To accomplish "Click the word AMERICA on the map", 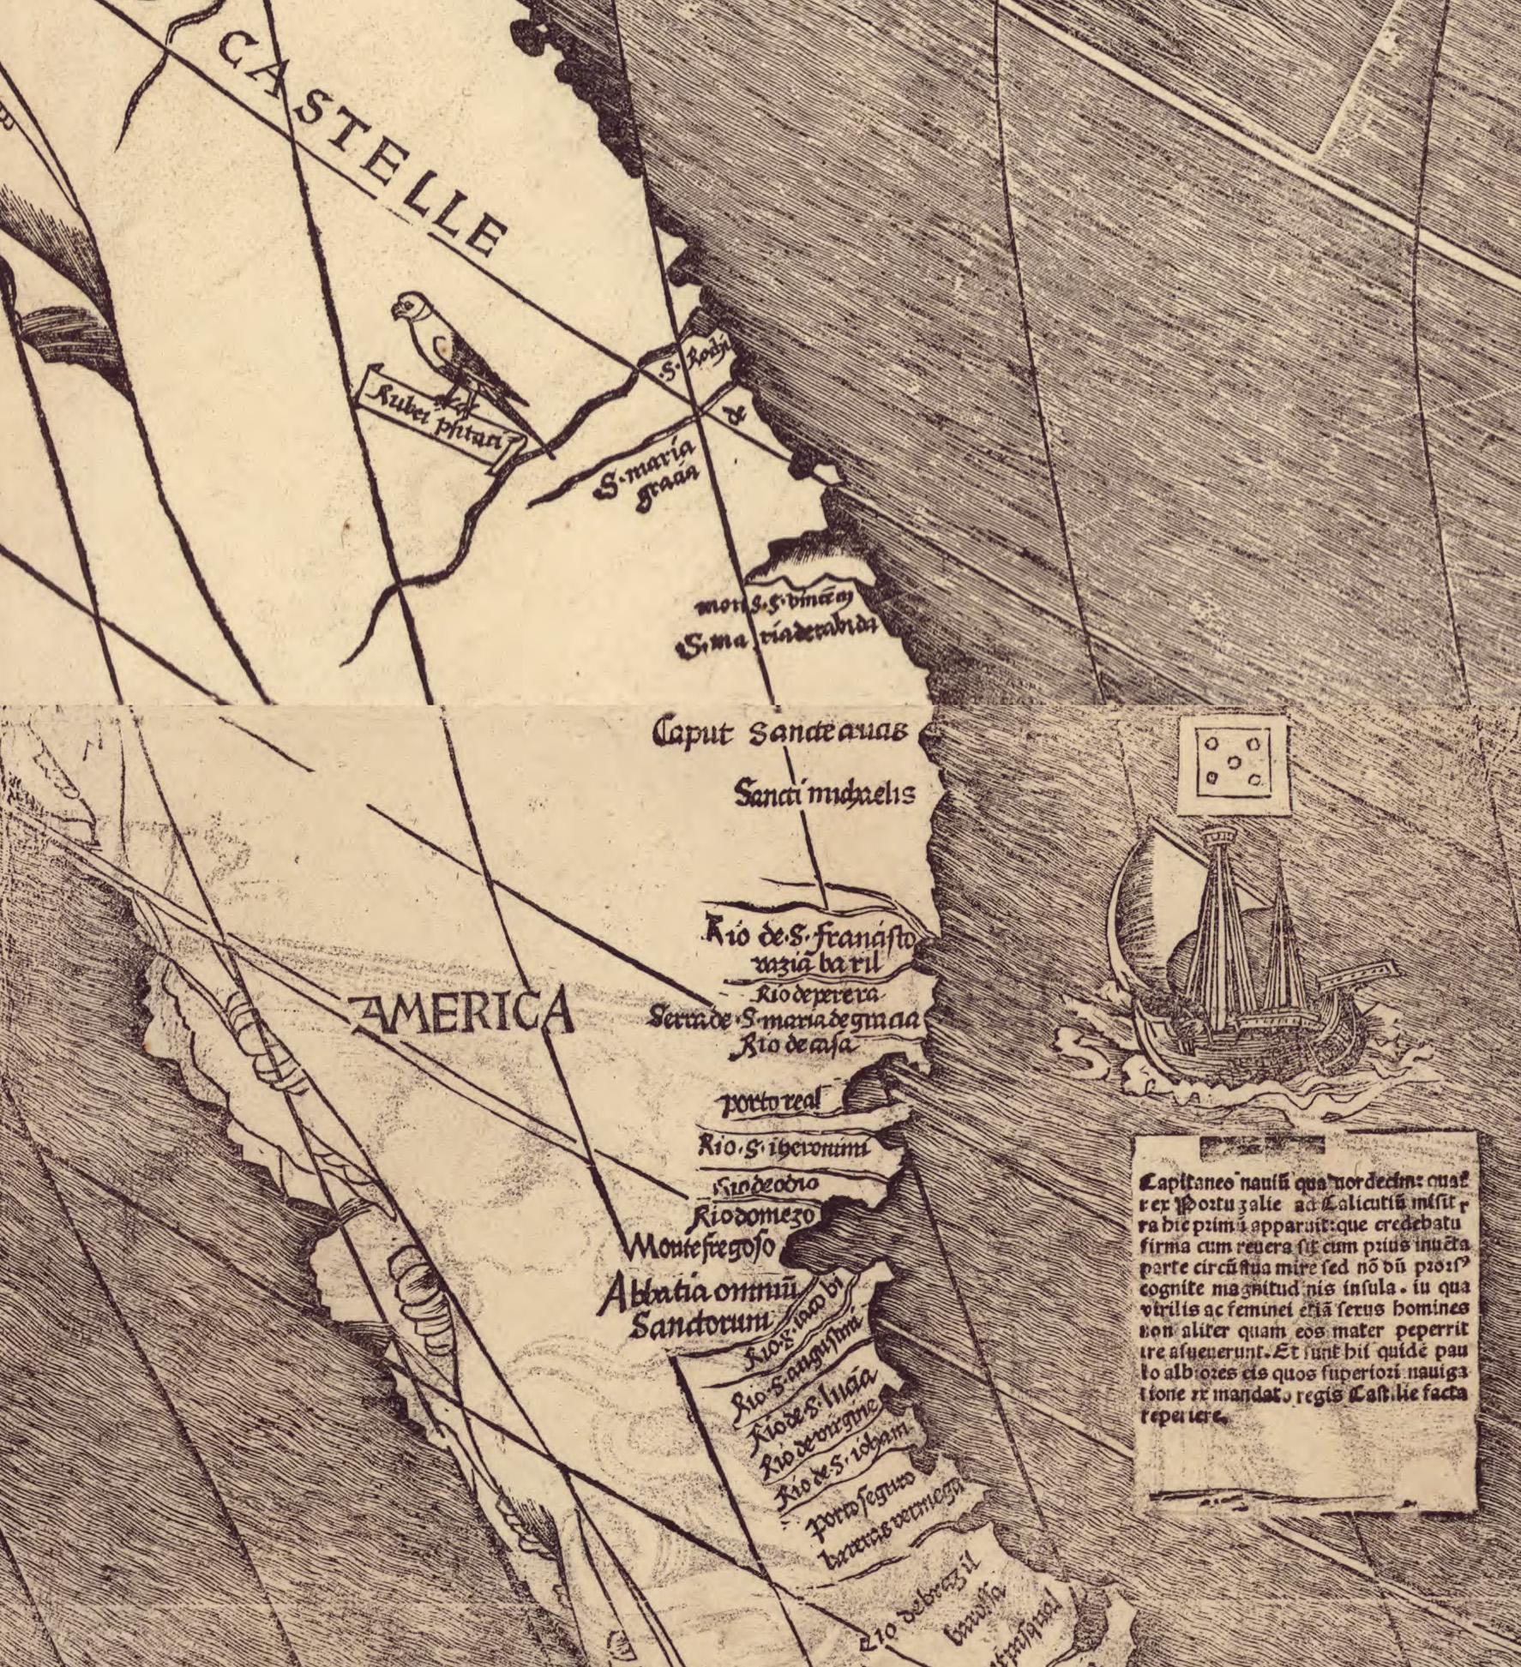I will click(463, 1013).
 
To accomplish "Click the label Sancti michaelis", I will click(824, 794).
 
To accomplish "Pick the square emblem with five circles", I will click(1233, 765).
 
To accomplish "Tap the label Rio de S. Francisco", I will click(809, 934).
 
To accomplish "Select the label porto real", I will click(771, 1103).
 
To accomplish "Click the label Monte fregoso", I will click(700, 1244).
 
